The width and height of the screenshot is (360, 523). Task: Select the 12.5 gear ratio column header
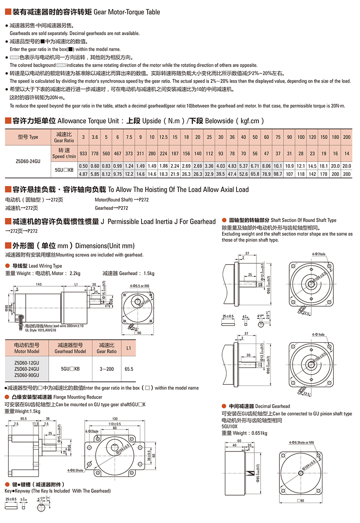[163, 137]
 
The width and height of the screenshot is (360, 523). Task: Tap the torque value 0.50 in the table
[83, 166]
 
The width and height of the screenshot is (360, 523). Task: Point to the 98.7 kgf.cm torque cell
[278, 174]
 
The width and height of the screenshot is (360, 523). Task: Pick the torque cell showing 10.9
[289, 166]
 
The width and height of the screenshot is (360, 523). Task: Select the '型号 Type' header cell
[27, 137]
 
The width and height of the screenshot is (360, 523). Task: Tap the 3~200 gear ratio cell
[107, 369]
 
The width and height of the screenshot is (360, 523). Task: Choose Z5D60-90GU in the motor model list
[27, 375]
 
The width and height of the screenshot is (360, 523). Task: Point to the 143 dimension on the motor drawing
[39, 284]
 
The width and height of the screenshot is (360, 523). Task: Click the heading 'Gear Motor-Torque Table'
[127, 12]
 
